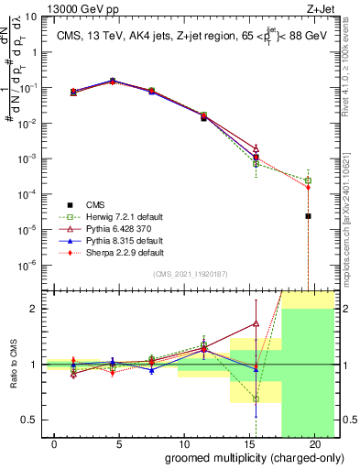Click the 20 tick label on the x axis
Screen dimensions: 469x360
pos(314,444)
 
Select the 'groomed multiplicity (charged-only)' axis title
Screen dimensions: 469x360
pos(241,458)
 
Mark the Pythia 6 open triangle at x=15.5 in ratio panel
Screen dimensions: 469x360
pos(256,323)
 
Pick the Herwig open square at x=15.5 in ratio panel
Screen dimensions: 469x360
pos(256,399)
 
